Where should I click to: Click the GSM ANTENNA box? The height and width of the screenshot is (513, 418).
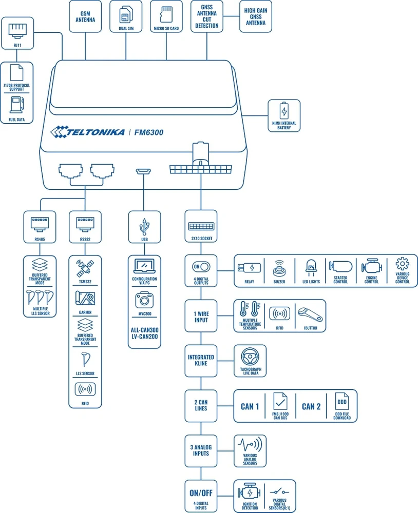click(x=85, y=16)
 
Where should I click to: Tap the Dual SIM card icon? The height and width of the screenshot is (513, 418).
click(x=126, y=14)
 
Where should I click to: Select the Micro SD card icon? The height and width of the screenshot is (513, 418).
click(x=166, y=13)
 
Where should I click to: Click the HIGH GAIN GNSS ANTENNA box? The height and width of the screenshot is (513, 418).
click(x=255, y=16)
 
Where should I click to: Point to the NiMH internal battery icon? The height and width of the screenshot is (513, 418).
click(x=284, y=111)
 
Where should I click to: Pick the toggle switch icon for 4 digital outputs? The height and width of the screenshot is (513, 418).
click(x=201, y=267)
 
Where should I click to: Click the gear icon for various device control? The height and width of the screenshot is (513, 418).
click(x=402, y=265)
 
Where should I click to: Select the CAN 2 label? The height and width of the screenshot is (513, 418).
click(x=311, y=406)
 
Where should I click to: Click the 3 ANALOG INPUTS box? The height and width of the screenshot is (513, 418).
click(x=201, y=450)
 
